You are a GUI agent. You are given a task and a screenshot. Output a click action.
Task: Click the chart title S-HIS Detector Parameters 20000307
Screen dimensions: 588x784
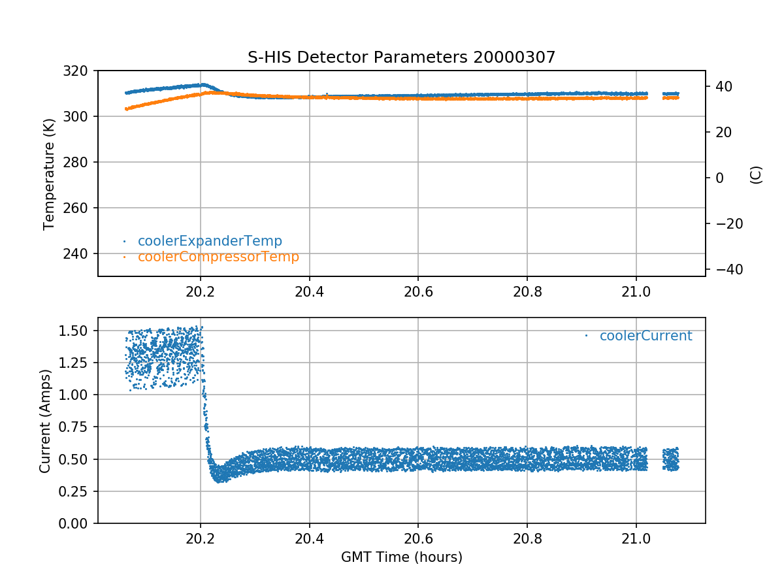coord(401,57)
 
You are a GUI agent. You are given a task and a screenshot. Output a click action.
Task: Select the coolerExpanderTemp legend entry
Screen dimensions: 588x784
coord(210,241)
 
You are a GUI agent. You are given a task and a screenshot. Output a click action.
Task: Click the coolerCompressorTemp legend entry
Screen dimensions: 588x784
coord(218,257)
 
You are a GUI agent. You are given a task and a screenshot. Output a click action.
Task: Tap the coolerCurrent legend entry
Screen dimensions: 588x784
coord(645,336)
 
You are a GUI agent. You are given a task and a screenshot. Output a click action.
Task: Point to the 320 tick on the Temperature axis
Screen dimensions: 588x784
coord(81,71)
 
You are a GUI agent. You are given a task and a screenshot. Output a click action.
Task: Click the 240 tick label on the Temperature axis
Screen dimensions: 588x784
coord(81,253)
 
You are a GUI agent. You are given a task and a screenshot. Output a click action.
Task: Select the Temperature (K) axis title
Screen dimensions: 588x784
coord(49,173)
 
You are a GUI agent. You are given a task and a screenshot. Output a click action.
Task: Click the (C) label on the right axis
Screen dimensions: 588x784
coord(756,174)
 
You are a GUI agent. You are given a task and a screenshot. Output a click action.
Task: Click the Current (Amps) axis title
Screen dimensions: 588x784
coord(45,421)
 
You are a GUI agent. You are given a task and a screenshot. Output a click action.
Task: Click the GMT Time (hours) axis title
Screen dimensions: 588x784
coord(401,557)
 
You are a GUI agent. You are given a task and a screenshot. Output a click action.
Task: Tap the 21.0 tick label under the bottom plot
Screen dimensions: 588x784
coord(636,538)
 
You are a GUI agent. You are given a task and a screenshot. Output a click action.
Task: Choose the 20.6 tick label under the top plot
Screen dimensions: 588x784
coord(418,291)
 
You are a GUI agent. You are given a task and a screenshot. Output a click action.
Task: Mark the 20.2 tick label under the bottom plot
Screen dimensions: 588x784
coord(201,538)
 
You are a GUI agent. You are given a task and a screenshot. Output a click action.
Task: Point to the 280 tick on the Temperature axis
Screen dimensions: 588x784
coord(81,162)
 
